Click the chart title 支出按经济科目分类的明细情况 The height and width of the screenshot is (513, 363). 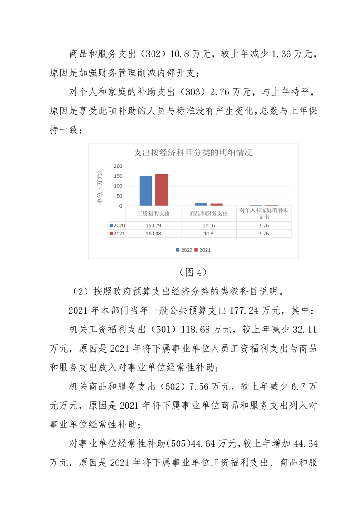point(193,153)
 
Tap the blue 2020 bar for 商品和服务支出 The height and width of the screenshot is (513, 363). point(200,204)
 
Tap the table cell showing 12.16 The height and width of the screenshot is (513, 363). point(208,225)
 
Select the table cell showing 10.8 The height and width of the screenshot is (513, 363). point(208,234)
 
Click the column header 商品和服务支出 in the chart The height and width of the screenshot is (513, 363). point(208,213)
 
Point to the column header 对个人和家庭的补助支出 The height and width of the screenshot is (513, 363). point(264,213)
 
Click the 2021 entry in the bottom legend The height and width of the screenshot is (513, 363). point(205,250)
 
